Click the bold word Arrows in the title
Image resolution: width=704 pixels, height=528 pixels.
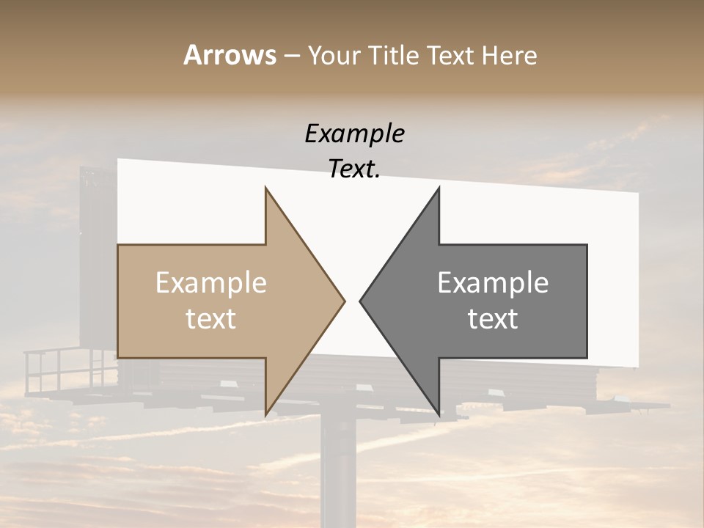coord(230,55)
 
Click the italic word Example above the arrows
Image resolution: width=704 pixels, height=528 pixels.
coord(354,134)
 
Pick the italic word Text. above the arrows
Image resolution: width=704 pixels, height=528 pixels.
coord(354,169)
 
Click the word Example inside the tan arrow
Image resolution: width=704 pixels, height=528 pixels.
coord(211,283)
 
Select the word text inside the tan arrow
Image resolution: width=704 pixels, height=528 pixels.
coord(211,319)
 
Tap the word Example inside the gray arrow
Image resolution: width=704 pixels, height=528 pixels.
coord(493,283)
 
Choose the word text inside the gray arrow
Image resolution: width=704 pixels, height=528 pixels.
coord(493,319)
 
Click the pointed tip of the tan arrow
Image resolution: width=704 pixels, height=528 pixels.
coord(344,301)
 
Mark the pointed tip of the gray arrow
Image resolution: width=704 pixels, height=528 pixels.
coord(360,301)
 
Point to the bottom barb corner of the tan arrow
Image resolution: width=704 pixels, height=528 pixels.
coord(265,415)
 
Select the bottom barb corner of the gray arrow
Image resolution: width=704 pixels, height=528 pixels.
coord(439,415)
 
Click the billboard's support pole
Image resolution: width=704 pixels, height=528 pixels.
coord(338,469)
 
